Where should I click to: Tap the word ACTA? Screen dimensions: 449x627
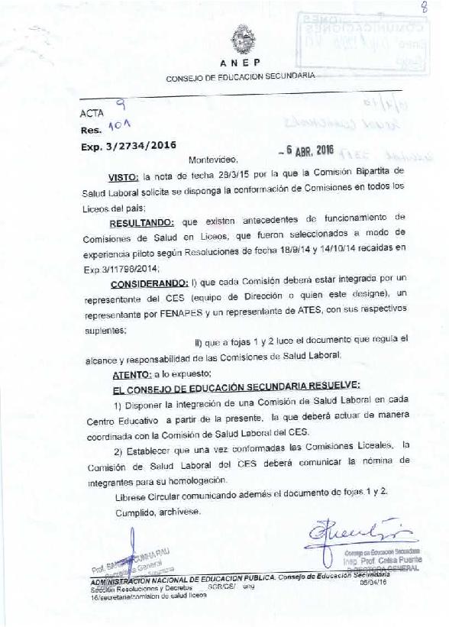[90, 114]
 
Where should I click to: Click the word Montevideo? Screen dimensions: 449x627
[213, 160]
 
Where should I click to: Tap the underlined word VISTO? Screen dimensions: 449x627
[129, 174]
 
